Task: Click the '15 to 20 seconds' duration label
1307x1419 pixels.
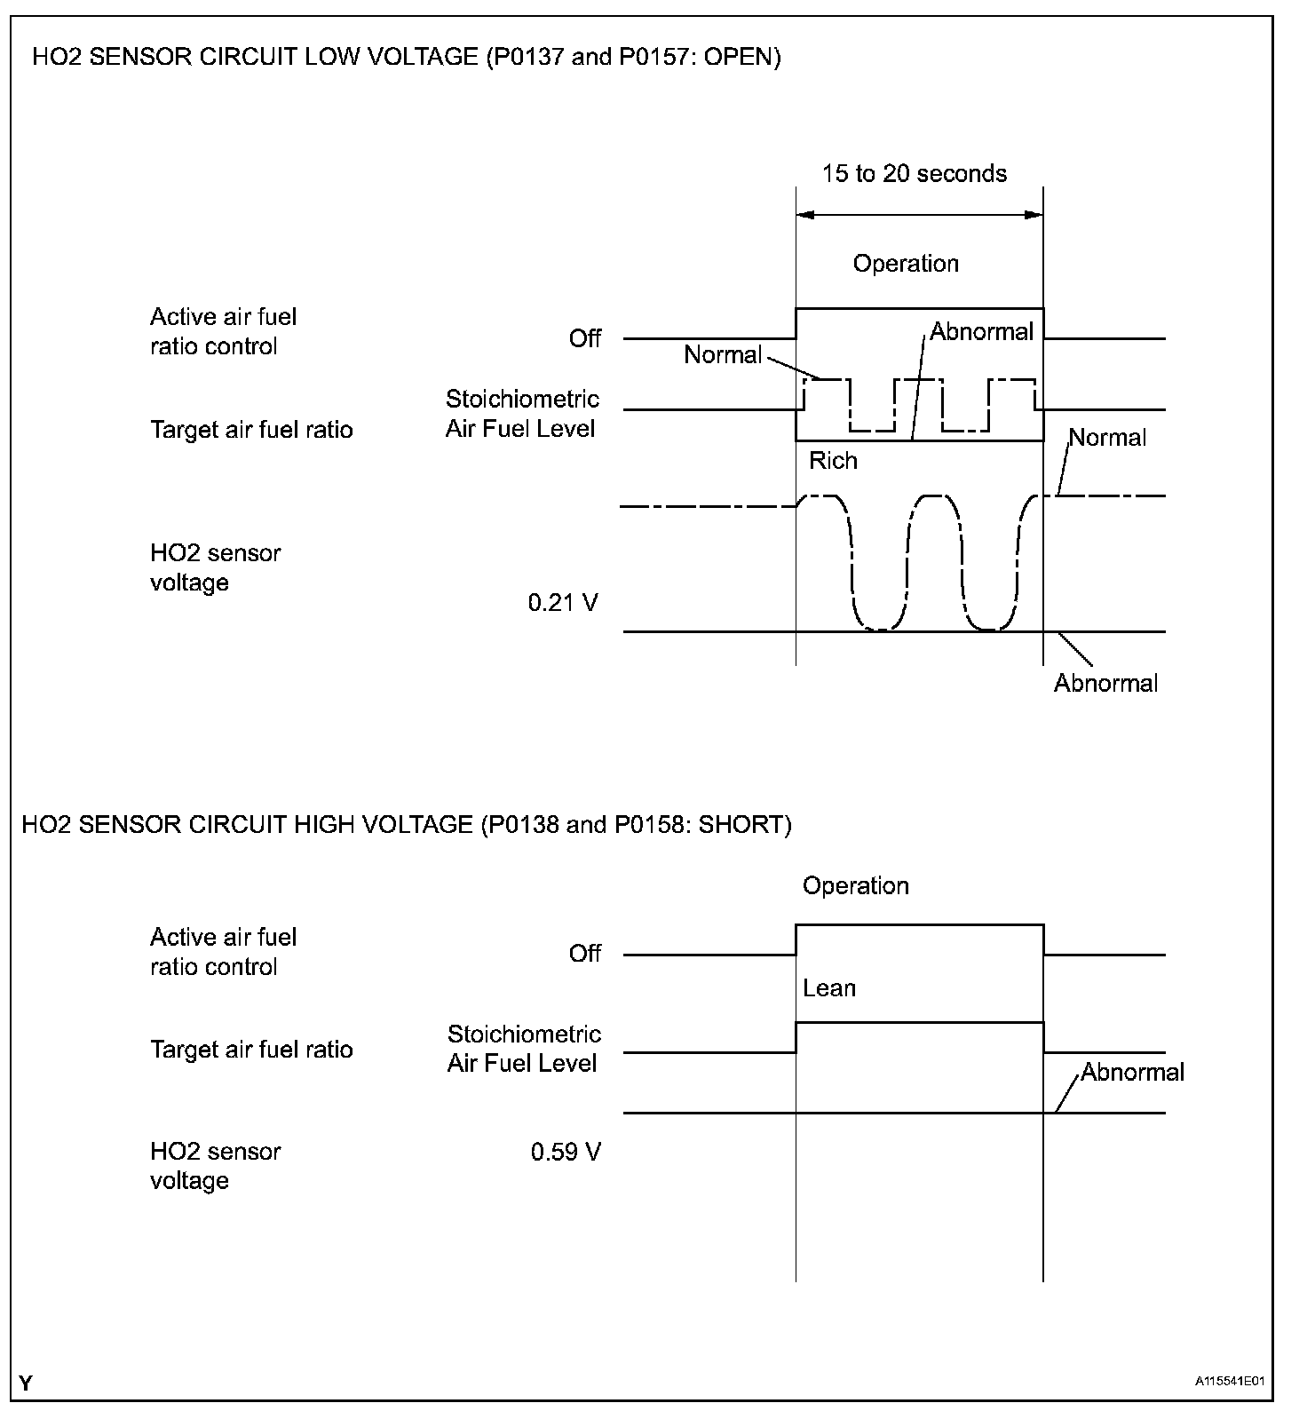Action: [914, 173]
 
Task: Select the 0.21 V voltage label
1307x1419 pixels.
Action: [563, 603]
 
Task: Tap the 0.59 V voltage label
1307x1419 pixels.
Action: [566, 1152]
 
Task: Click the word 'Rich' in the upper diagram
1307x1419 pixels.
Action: [833, 461]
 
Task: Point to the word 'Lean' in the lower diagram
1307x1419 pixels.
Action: [829, 988]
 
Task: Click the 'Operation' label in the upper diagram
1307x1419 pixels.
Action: [906, 264]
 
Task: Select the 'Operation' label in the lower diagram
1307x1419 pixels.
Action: [855, 886]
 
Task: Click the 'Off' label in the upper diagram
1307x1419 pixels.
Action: [585, 338]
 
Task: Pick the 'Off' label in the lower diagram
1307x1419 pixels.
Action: [585, 954]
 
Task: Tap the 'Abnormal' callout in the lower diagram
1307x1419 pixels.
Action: [1132, 1072]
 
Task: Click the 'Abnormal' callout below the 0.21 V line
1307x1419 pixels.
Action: [1105, 683]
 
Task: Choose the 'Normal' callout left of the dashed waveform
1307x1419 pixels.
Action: [723, 355]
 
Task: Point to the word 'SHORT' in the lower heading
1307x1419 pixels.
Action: [741, 825]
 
